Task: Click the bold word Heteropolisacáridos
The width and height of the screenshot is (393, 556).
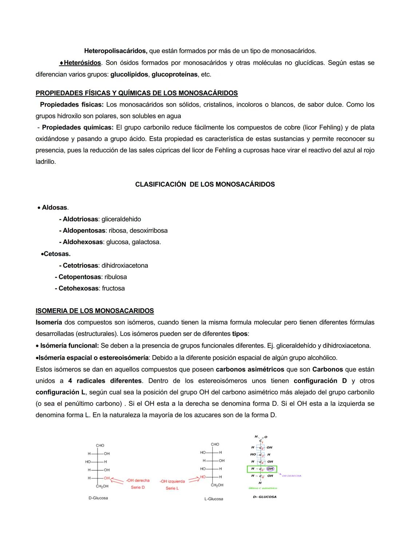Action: [115, 51]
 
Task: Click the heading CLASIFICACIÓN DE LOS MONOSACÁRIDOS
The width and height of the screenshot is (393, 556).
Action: [205, 184]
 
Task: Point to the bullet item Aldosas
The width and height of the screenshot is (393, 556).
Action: [55, 207]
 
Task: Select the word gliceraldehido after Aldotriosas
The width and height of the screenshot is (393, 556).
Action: [121, 219]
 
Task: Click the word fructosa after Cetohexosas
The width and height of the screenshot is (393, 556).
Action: [113, 288]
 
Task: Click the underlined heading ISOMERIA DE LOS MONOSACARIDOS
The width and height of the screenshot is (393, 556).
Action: [95, 311]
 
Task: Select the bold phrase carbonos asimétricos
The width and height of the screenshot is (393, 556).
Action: [250, 369]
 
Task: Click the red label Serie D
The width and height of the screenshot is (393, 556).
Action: [138, 487]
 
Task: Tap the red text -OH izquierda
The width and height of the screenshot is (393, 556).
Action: [172, 481]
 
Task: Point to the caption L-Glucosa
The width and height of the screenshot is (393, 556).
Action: [214, 499]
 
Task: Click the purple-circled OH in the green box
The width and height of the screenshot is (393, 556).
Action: [270, 469]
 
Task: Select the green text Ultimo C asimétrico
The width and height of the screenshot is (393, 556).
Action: [262, 488]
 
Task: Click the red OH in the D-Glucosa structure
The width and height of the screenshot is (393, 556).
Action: [107, 478]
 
